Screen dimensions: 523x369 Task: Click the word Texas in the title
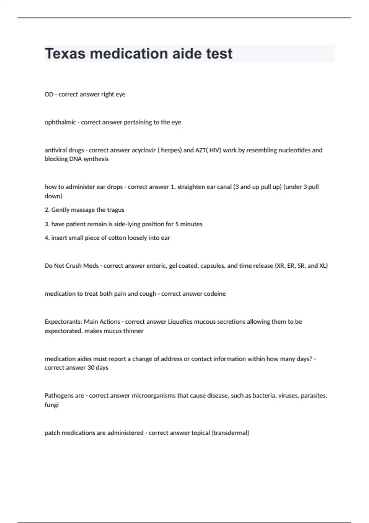tap(65, 54)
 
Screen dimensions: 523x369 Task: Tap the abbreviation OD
tap(49, 94)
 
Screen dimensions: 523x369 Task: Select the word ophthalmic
tap(60, 122)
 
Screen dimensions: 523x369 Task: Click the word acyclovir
tap(144, 150)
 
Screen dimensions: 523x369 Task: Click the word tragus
tap(116, 210)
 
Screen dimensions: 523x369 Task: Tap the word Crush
tap(74, 266)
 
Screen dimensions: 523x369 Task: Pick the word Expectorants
tap(63, 322)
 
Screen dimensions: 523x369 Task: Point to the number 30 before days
tap(91, 368)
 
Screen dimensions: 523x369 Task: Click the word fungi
tap(51, 405)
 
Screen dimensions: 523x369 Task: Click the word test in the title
tap(219, 54)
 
